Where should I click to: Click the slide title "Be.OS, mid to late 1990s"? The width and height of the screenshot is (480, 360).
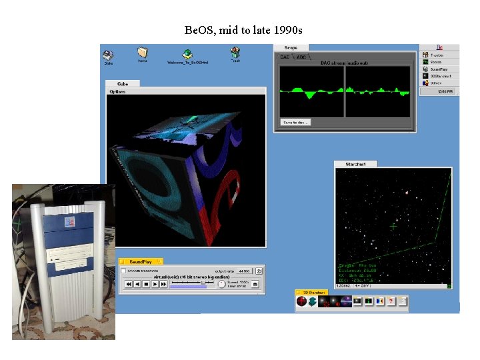click(x=243, y=31)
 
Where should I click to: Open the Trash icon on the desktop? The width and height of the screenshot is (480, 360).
click(x=235, y=53)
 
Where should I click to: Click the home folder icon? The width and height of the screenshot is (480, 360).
click(x=142, y=53)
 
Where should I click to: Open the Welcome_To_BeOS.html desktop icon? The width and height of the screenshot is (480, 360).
click(x=189, y=55)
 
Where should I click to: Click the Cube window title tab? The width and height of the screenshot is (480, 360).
click(x=123, y=83)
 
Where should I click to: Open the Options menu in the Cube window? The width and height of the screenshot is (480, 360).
click(x=117, y=91)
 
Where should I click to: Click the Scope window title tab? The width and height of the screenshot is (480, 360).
click(x=291, y=48)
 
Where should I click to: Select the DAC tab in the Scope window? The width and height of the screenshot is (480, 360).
click(x=285, y=57)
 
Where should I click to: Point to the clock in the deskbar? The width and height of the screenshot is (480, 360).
click(x=445, y=91)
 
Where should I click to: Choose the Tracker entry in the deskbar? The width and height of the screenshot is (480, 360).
click(x=437, y=55)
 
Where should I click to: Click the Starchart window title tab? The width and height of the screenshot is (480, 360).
click(x=355, y=164)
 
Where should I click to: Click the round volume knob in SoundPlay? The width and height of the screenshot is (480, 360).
click(x=221, y=284)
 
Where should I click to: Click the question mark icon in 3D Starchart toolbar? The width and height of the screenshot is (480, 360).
click(x=391, y=301)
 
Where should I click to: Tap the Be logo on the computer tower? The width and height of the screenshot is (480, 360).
click(x=69, y=222)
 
